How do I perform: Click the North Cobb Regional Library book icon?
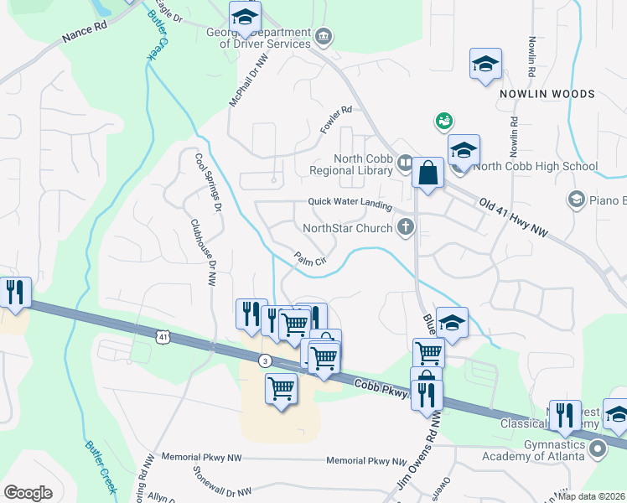[405, 162]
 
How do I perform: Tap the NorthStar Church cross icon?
[406, 226]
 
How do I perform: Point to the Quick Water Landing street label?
[350, 201]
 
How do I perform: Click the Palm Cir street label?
[308, 260]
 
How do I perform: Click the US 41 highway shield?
[162, 336]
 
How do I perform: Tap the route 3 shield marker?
[265, 360]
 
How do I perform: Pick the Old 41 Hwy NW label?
[513, 216]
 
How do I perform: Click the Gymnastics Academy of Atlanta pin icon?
[598, 449]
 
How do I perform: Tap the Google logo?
[28, 492]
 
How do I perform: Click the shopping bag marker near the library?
[427, 174]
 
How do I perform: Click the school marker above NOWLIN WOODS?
[485, 65]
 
